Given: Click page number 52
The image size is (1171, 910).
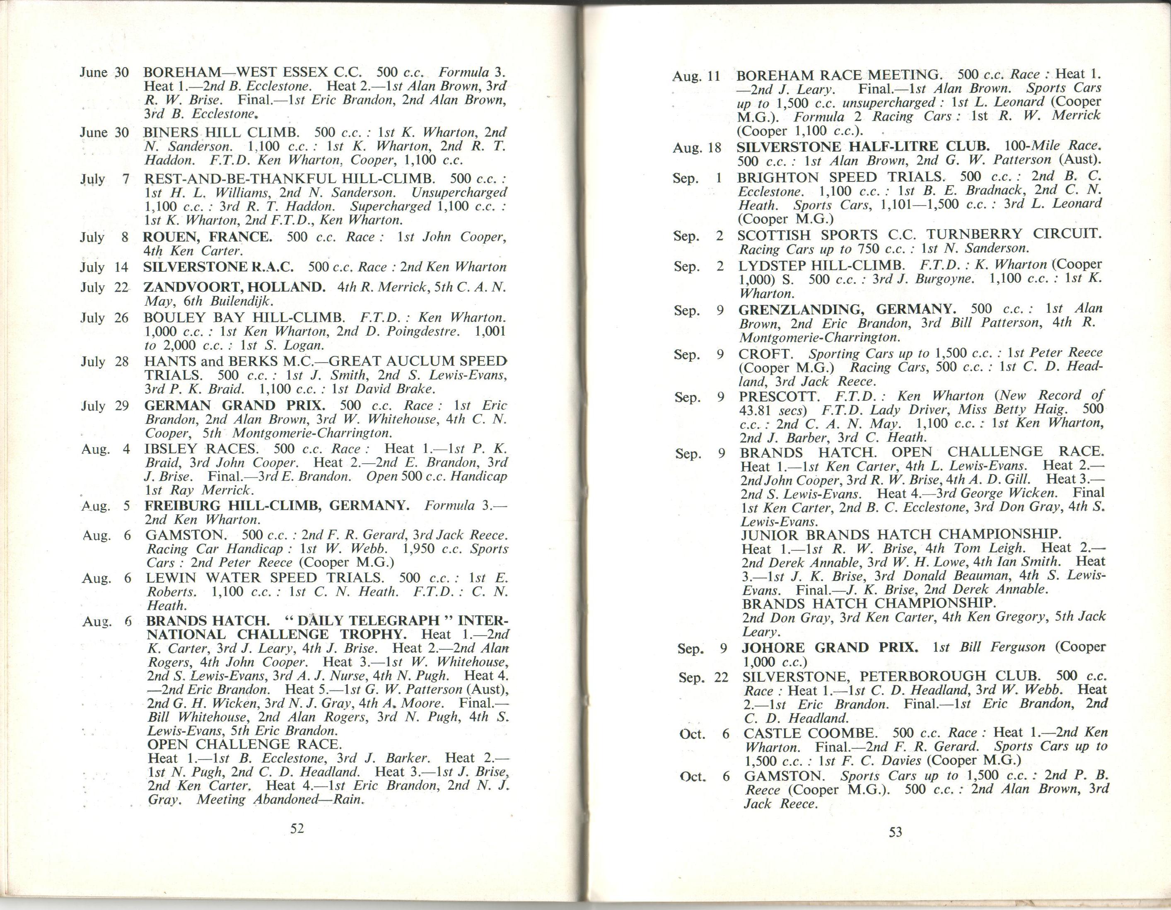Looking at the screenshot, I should point(297,828).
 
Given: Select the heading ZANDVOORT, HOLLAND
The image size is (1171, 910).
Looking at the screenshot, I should point(235,287).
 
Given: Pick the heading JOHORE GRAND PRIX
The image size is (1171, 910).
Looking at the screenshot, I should point(829,647).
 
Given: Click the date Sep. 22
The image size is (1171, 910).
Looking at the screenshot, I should point(703,678).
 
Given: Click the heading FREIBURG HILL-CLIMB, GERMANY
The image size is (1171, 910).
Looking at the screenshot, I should point(277,506).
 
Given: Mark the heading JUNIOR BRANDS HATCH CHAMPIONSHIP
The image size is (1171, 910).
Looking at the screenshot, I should point(901,534).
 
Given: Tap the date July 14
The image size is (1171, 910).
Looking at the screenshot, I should point(104,267).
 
